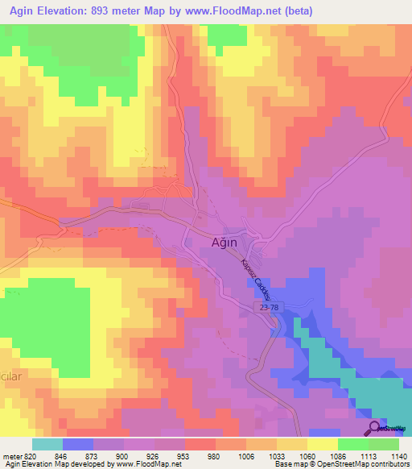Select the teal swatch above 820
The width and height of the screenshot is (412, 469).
(47, 444)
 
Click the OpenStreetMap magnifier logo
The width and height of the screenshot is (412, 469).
(375, 429)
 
